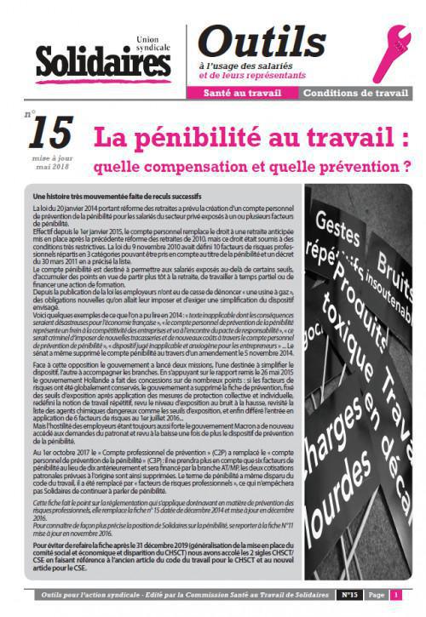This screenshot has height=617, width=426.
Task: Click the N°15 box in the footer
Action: tap(348, 595)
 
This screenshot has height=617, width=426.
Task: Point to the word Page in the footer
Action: tap(376, 595)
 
